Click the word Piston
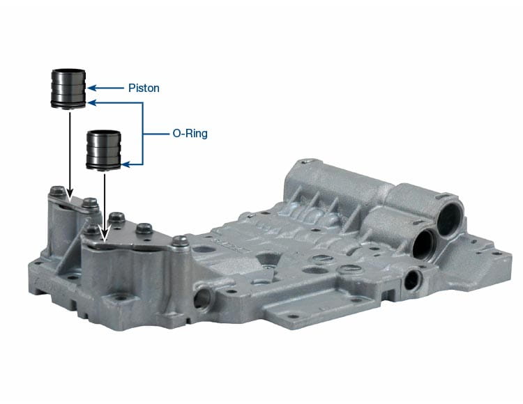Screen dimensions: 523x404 [144, 88]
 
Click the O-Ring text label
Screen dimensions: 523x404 [190, 134]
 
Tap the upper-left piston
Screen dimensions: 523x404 [68, 88]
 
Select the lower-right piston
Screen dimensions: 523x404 [103, 150]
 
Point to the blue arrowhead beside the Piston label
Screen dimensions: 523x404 [92, 88]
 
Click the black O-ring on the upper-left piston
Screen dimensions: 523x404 [68, 104]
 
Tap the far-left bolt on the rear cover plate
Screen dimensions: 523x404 [57, 191]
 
